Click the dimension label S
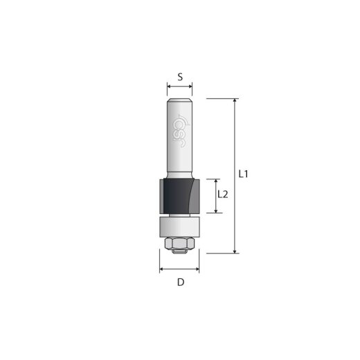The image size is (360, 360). point(180,77)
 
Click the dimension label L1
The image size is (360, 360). point(243,174)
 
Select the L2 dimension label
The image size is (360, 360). point(222,195)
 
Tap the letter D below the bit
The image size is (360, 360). point(180,282)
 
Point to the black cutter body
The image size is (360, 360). point(172,197)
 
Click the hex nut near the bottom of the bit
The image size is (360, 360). point(180,242)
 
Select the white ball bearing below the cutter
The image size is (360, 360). point(180,226)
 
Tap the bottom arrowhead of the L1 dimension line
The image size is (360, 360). point(235,251)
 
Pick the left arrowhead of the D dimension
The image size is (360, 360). point(162,270)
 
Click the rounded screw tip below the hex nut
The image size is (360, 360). point(180,251)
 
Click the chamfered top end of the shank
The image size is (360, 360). point(180,100)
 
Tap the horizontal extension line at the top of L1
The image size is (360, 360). point(215,99)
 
